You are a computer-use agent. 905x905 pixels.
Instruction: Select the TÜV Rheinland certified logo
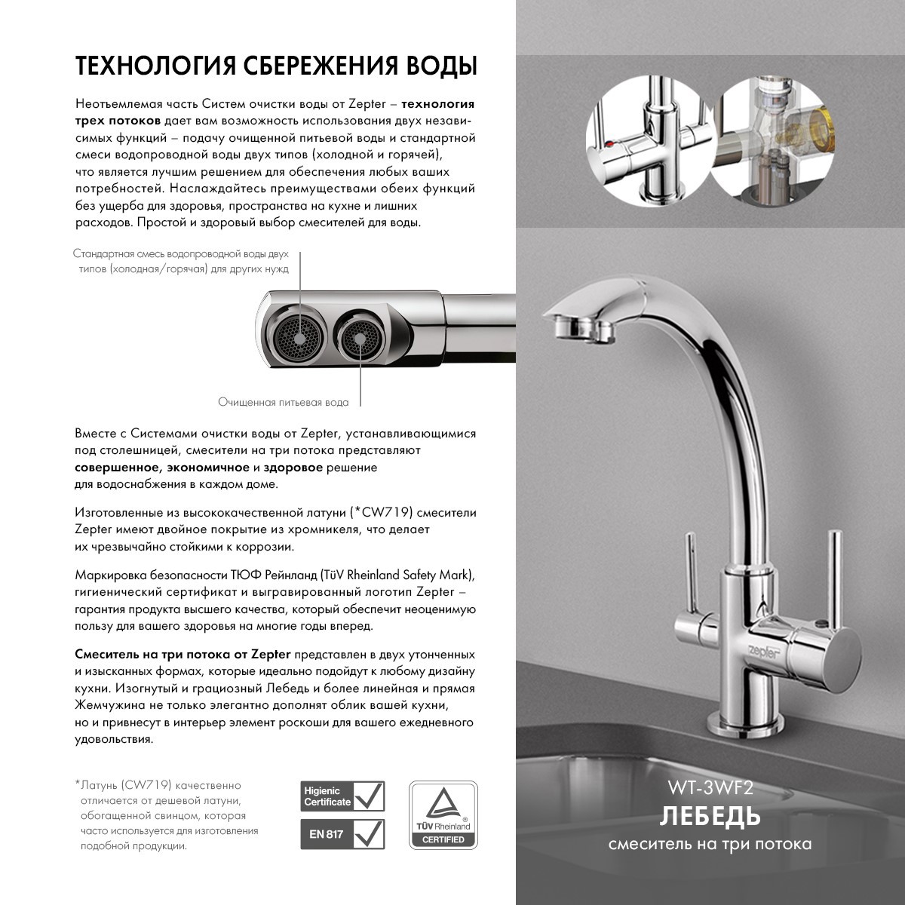point(443,815)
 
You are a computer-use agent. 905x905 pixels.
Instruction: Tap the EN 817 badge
point(342,835)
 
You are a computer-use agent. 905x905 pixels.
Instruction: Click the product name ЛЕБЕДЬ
point(710,816)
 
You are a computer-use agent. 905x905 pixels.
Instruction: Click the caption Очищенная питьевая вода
point(284,403)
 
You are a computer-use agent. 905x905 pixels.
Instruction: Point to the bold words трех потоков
point(117,121)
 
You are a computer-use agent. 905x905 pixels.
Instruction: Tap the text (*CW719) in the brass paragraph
point(380,513)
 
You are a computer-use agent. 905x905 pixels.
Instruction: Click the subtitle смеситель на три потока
point(710,844)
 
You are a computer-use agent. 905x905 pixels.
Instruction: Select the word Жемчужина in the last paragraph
point(112,706)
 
